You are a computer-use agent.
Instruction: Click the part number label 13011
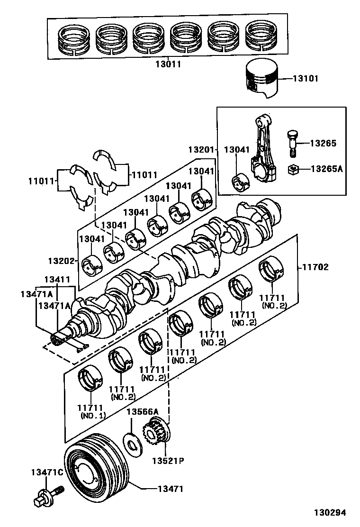pyautogui.click(x=169, y=64)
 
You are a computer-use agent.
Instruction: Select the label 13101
pyautogui.click(x=306, y=79)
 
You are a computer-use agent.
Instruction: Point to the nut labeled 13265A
pyautogui.click(x=293, y=168)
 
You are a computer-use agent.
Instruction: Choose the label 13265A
pyautogui.click(x=326, y=168)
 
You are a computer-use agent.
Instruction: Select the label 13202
pyautogui.click(x=59, y=261)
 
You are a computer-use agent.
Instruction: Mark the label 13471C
pyautogui.click(x=46, y=472)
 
